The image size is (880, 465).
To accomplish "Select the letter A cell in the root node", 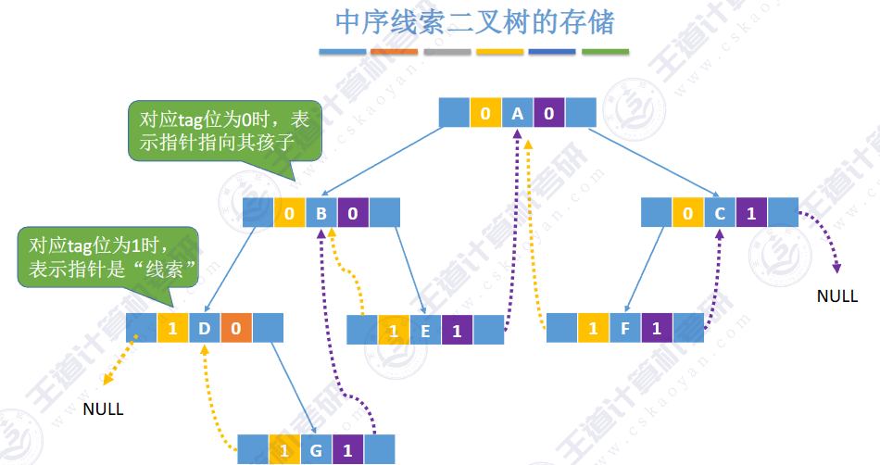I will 517,114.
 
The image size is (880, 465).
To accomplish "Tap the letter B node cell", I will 321,215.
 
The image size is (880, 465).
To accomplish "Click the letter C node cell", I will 719,214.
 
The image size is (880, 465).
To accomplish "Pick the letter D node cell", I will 204,327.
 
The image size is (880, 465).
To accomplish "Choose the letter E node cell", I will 425,331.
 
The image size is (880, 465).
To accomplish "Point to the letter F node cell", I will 625,328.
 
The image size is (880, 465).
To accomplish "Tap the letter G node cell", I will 316,451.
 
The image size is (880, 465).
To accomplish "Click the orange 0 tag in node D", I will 235,327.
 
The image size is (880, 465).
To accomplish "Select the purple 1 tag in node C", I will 751,214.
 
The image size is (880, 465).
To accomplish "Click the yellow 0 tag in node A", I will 485,114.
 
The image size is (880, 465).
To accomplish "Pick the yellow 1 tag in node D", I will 172,327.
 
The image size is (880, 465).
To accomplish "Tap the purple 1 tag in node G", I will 347,451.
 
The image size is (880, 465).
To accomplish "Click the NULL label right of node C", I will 837,296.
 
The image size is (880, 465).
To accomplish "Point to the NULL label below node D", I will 103,408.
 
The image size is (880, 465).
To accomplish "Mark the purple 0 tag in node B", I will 352,215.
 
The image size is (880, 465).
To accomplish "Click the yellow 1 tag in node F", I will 594,328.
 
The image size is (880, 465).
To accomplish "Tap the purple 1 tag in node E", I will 457,331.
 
